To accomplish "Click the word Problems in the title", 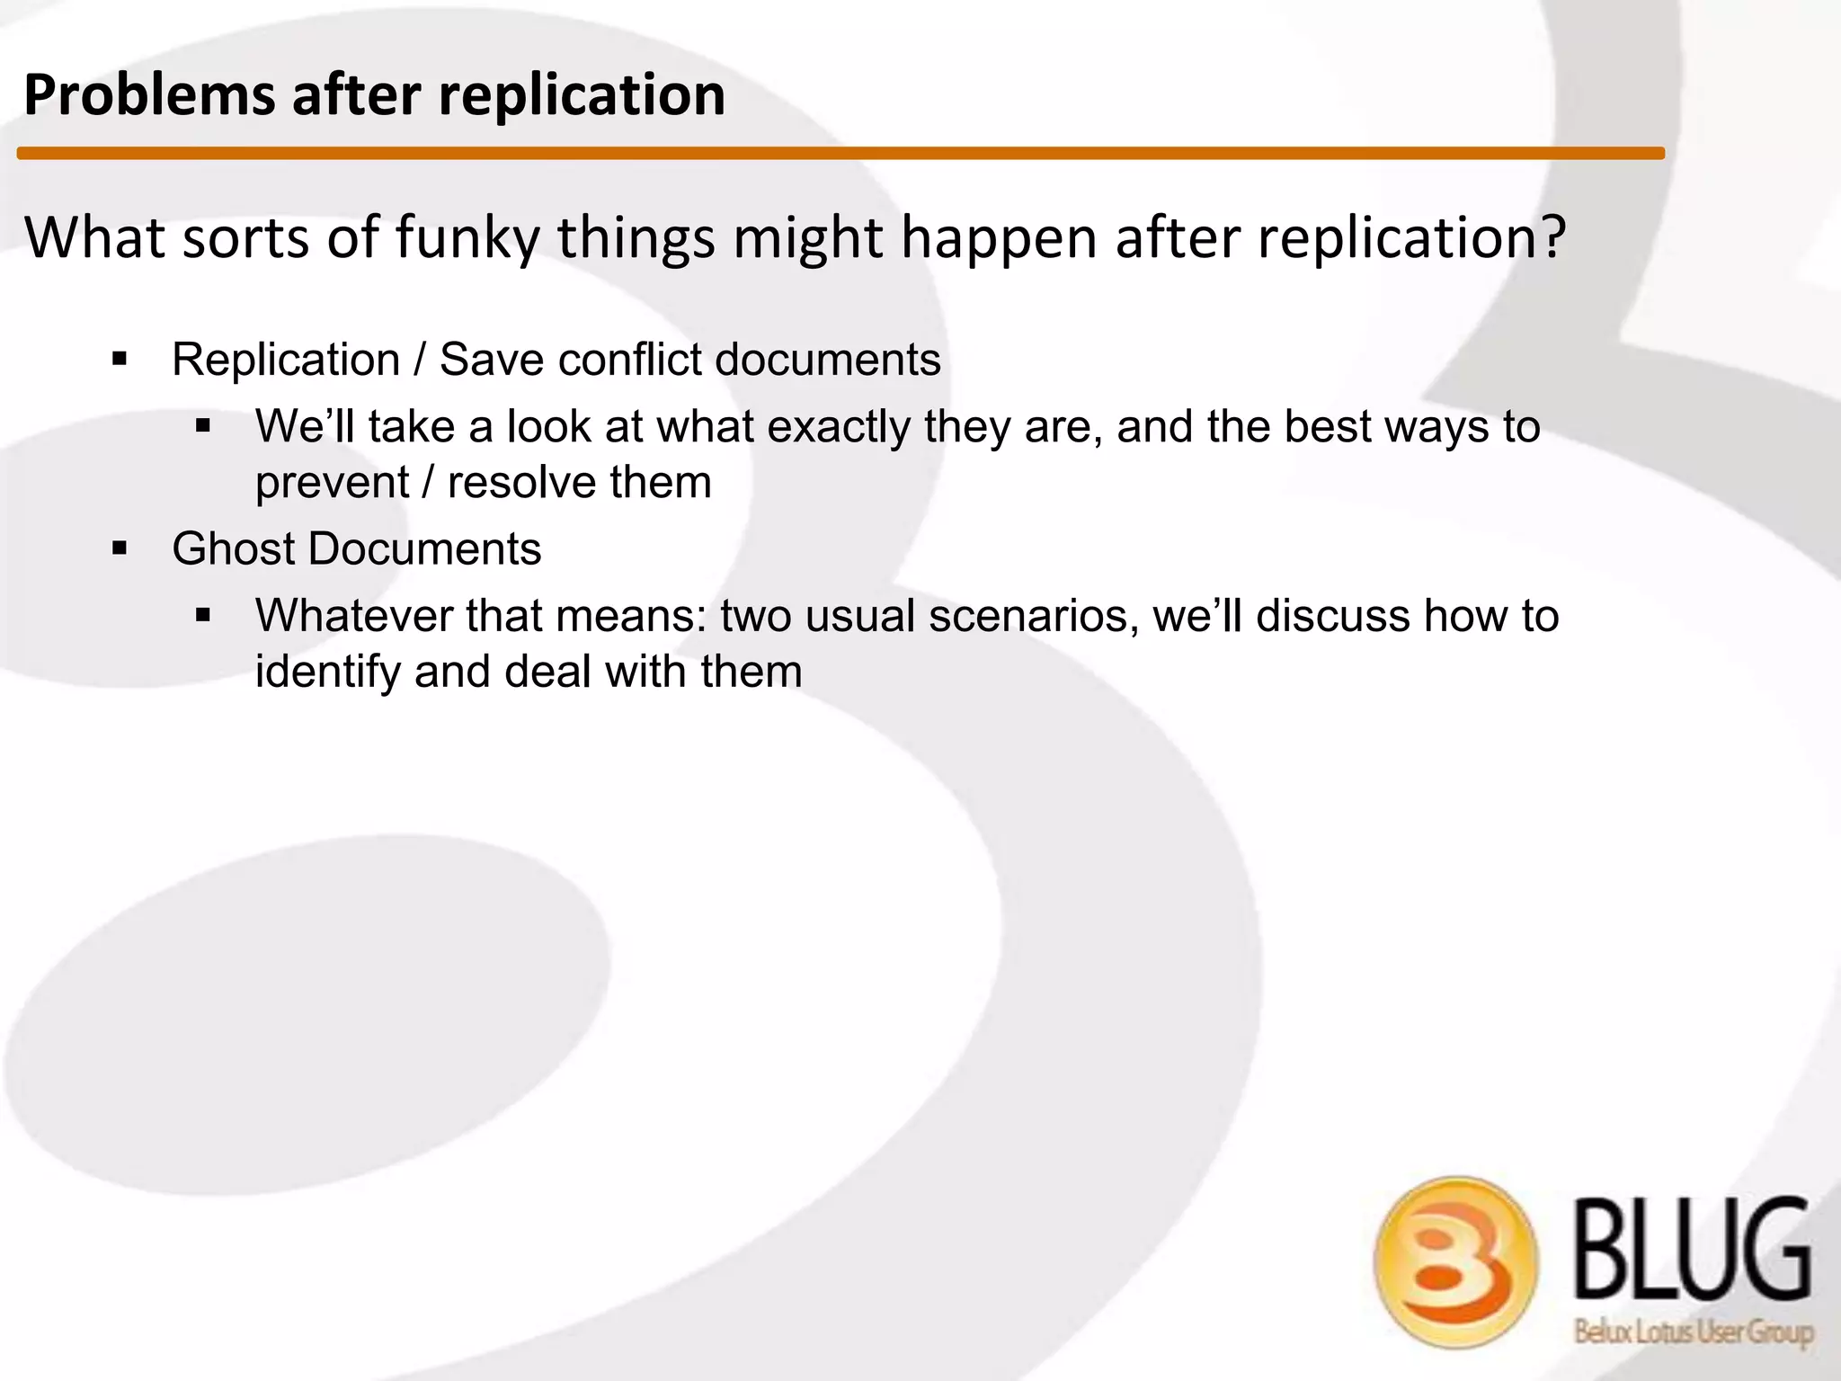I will (x=149, y=95).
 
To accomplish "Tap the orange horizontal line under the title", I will (x=840, y=154).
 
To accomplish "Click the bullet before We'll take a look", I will (x=202, y=426).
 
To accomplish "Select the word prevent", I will (x=332, y=483).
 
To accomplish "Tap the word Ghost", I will (x=232, y=548).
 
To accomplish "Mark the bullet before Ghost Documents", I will (x=120, y=548).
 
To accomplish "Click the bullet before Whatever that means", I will (x=202, y=616).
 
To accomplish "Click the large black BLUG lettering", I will (x=1692, y=1250).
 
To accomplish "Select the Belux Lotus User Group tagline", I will (x=1694, y=1332).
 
